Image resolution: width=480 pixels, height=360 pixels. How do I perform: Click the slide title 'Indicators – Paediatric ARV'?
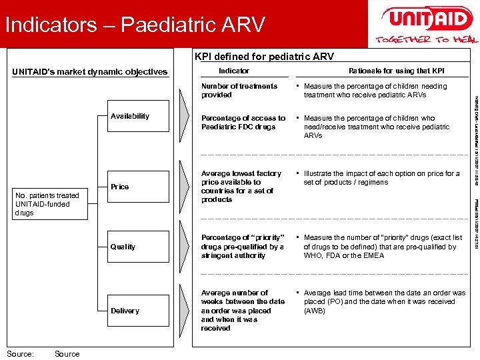coord(135,25)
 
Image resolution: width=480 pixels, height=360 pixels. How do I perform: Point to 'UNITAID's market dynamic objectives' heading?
coord(90,72)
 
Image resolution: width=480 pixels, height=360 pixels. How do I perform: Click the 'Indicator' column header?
coord(234,71)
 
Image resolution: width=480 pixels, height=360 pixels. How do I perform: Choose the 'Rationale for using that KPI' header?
coord(396,71)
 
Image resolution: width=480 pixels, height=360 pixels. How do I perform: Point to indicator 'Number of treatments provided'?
coord(239,90)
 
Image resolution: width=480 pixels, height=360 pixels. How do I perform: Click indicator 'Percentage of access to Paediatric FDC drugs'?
coord(243,122)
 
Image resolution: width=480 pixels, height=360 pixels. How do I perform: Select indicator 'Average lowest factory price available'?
coord(241,186)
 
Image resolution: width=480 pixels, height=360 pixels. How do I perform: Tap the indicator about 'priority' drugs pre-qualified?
coord(243,246)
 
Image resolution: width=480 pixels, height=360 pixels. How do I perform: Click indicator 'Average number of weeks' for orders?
coord(243,310)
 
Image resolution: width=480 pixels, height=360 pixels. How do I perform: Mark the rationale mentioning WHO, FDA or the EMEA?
coord(383,246)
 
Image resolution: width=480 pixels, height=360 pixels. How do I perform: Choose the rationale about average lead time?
coord(384,301)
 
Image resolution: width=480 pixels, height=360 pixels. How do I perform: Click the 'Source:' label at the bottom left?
coord(20,354)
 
